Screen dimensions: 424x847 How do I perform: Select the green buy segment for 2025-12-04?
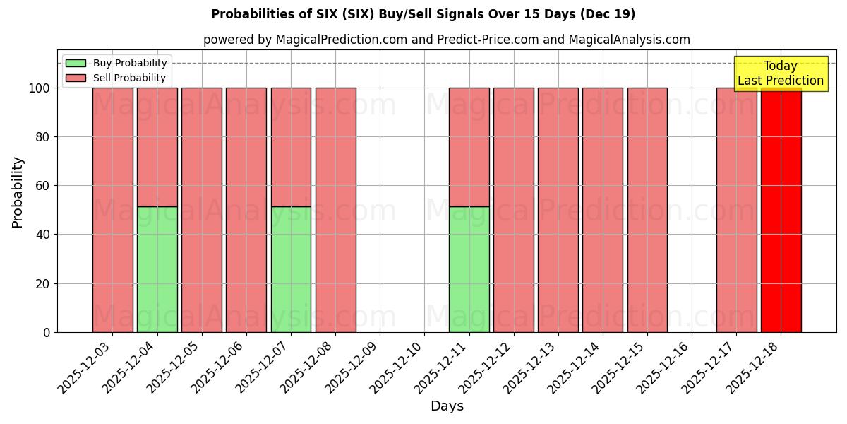pyautogui.click(x=157, y=269)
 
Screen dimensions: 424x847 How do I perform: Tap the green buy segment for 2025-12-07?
pyautogui.click(x=291, y=269)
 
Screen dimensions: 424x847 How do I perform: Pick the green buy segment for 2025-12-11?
pyautogui.click(x=469, y=269)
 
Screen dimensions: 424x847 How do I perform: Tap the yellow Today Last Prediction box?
pyautogui.click(x=781, y=73)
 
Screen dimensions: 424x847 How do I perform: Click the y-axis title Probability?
pyautogui.click(x=18, y=192)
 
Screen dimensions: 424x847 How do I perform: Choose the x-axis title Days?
pyautogui.click(x=447, y=406)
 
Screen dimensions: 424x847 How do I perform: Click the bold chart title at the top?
pyautogui.click(x=423, y=14)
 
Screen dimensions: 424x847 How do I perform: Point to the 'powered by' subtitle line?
pyautogui.click(x=446, y=40)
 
